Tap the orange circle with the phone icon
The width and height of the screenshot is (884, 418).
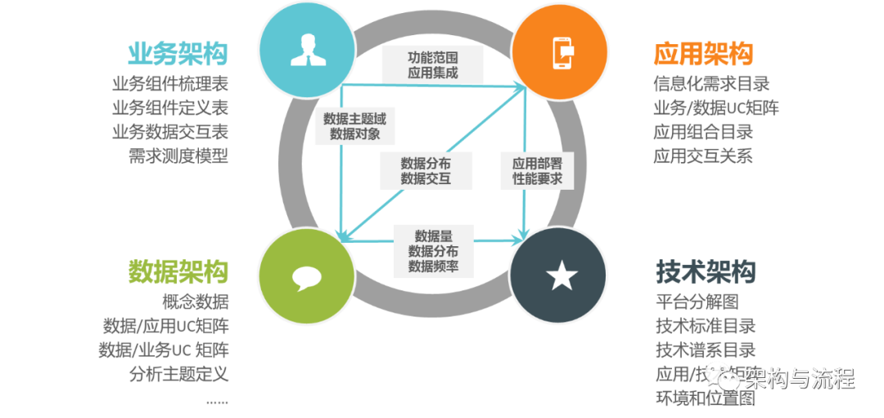561,51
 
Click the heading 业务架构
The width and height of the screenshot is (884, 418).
178,53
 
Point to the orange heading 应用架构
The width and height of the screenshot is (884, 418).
703,54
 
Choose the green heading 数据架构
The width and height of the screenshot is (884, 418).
178,272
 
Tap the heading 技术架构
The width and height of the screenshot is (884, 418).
706,272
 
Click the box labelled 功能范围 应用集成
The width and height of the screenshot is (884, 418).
432,65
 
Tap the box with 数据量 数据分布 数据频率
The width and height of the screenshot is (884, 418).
432,249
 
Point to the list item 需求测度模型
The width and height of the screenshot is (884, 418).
178,155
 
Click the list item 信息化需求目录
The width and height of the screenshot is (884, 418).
711,83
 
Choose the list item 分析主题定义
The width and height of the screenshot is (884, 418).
178,374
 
